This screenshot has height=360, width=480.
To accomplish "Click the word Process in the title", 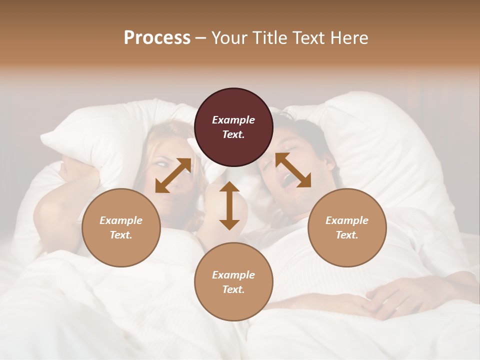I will click(x=157, y=38).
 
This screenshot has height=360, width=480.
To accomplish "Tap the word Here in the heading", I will click(x=348, y=38).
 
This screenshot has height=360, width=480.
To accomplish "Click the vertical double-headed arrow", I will click(x=229, y=205).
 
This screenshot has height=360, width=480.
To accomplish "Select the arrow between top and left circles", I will click(x=173, y=175).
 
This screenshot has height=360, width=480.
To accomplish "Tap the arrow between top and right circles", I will click(x=293, y=170).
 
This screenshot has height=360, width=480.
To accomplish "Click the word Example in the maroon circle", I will click(x=233, y=120).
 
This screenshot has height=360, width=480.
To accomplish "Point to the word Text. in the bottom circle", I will click(x=233, y=289).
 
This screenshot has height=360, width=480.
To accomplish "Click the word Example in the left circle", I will click(x=121, y=220).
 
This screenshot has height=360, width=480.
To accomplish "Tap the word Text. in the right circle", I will click(x=347, y=235).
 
